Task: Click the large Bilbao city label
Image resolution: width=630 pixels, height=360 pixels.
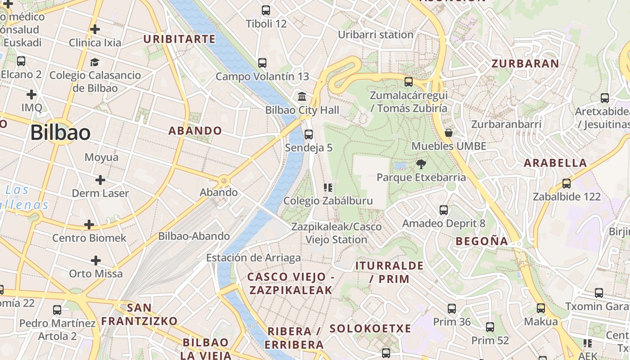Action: (x=60, y=133)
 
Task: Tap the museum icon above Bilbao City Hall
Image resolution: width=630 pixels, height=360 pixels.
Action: (x=302, y=96)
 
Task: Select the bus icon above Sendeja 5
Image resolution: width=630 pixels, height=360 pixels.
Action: (x=308, y=134)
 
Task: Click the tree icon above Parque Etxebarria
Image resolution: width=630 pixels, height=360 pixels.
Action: (x=421, y=164)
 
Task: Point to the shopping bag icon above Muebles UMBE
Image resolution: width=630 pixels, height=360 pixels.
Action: (x=448, y=133)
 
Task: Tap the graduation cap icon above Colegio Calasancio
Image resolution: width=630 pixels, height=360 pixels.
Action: (x=94, y=62)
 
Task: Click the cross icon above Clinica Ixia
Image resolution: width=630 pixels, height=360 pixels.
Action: (x=94, y=29)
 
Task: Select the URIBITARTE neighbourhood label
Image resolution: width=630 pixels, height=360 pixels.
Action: (x=180, y=39)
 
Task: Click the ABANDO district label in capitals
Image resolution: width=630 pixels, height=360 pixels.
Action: (x=195, y=131)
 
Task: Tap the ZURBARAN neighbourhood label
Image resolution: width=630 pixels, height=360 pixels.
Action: (x=525, y=63)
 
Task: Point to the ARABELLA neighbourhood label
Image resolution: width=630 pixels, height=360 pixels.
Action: (x=556, y=163)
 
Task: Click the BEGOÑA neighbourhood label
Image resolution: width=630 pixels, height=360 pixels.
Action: (x=481, y=241)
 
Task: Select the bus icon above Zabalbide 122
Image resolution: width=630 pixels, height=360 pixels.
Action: (x=566, y=184)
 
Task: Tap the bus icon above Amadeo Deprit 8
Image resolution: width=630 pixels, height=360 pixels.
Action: (x=443, y=210)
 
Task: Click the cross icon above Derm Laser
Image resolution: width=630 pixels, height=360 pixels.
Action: (x=100, y=180)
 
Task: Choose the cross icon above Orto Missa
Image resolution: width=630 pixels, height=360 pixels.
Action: (x=95, y=261)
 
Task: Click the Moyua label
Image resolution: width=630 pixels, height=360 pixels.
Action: (x=101, y=157)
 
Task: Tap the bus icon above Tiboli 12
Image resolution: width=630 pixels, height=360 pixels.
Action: (x=266, y=10)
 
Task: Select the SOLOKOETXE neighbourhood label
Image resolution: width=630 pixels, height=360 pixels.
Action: (x=370, y=328)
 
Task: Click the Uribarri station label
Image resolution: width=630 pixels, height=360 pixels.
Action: (x=375, y=35)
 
